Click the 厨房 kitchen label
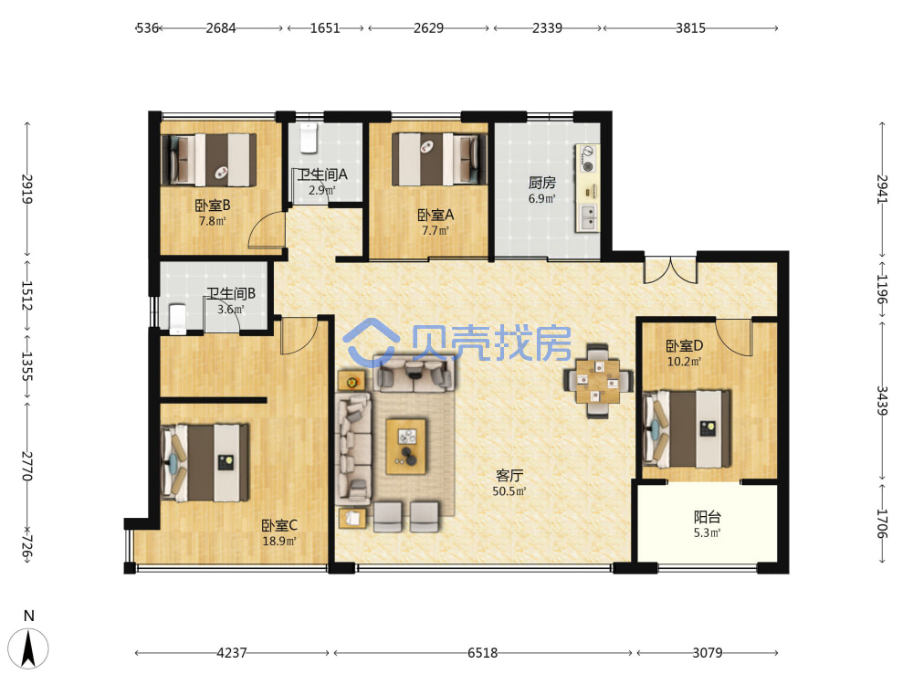click(x=541, y=183)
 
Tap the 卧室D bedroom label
click(x=684, y=345)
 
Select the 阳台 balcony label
click(x=708, y=517)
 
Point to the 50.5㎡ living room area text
click(x=509, y=491)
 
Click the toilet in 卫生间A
click(x=308, y=138)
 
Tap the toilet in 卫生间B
click(x=178, y=319)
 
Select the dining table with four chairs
click(x=598, y=382)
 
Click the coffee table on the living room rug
click(x=406, y=447)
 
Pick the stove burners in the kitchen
click(x=587, y=159)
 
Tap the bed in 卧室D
click(x=687, y=428)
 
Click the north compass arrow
click(x=28, y=648)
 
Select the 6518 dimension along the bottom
click(x=483, y=653)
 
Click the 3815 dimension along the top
click(x=690, y=28)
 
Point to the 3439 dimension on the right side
click(x=882, y=401)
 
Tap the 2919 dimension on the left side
click(x=26, y=189)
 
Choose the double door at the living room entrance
click(x=670, y=269)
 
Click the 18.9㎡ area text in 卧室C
click(x=279, y=541)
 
